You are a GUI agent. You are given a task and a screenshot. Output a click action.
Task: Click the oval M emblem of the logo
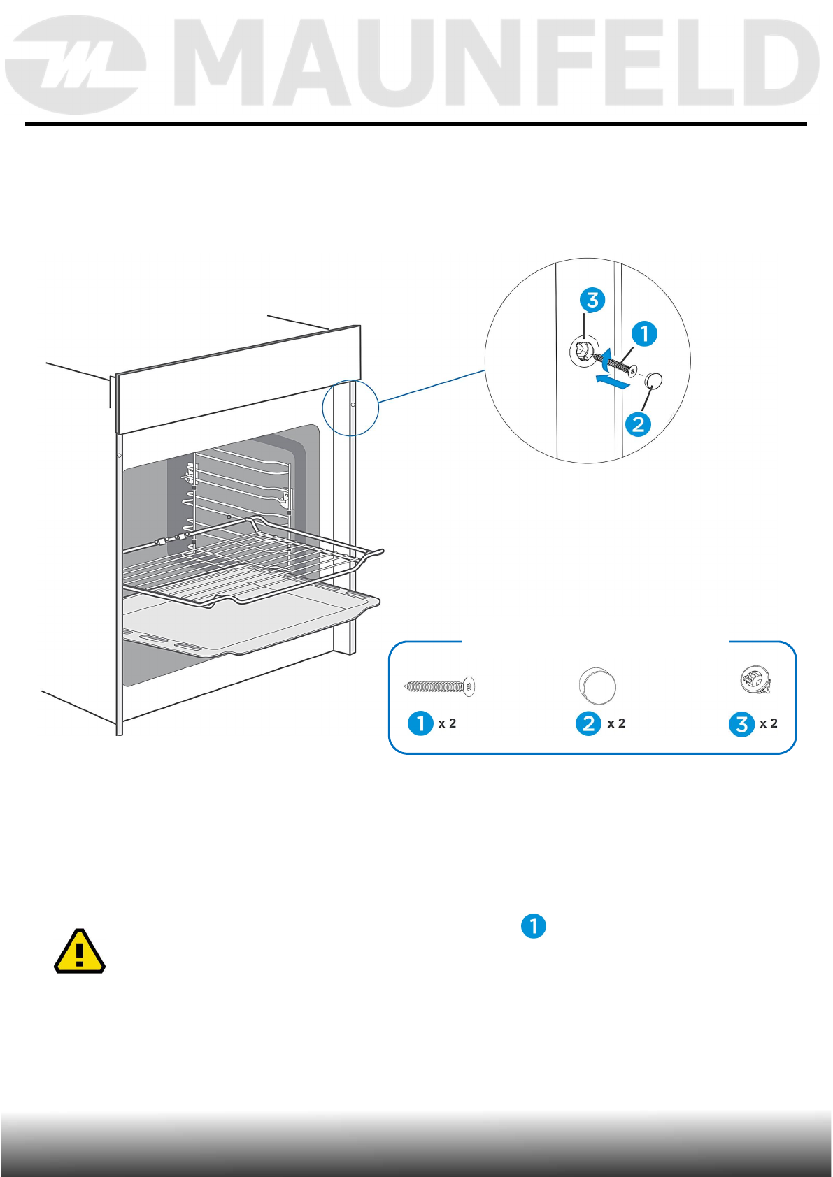[x=76, y=64]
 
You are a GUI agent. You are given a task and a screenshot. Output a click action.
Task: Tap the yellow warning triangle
[x=80, y=951]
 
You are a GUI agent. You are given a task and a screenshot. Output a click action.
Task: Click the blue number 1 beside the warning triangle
[x=533, y=926]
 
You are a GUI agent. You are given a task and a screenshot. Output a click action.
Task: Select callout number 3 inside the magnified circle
[x=592, y=300]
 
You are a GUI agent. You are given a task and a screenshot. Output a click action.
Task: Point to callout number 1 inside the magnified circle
[x=644, y=333]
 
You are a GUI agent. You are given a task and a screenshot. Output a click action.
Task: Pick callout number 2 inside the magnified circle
[x=639, y=424]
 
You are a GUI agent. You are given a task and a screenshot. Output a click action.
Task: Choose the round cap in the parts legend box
[x=597, y=686]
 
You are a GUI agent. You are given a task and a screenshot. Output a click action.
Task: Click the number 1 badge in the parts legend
[x=421, y=723]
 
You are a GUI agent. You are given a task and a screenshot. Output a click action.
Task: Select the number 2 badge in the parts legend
[x=588, y=723]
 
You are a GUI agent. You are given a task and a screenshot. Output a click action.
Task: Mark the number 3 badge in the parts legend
[x=741, y=723]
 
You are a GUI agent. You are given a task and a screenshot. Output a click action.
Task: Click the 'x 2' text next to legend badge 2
[x=616, y=723]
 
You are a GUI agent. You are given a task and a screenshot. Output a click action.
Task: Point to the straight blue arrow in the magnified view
[x=611, y=381]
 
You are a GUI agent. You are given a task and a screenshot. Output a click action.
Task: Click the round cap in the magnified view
[x=653, y=380]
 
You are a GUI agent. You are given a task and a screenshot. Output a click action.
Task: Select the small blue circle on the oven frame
[x=350, y=407]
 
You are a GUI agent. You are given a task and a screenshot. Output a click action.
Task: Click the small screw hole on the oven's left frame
[x=120, y=455]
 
